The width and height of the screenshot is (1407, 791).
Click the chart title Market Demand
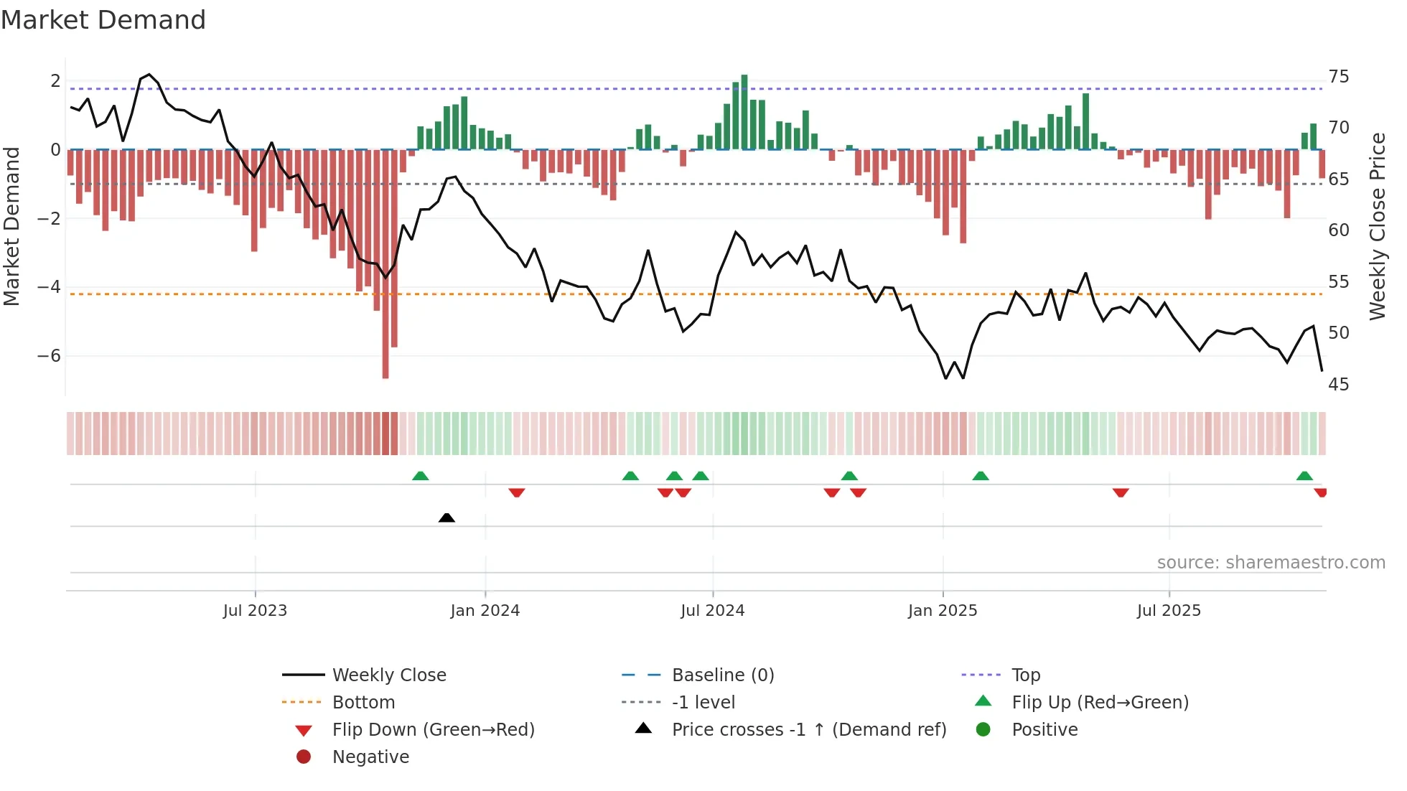(x=103, y=20)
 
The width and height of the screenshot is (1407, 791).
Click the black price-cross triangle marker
(x=447, y=518)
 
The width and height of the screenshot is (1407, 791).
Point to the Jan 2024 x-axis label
(x=485, y=611)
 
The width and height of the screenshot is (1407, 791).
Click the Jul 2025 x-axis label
(x=1168, y=611)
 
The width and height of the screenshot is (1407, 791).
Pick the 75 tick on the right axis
(x=1338, y=77)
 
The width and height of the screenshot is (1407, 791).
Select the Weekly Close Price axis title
(x=1378, y=226)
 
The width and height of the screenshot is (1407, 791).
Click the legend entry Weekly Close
(x=388, y=675)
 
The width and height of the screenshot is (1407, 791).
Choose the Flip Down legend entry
(x=433, y=730)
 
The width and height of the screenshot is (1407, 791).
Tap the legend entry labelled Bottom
(x=363, y=703)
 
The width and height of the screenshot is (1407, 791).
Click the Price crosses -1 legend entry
(x=808, y=730)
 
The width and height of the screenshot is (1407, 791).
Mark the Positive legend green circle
(x=983, y=730)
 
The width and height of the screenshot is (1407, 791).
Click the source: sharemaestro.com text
(x=1271, y=563)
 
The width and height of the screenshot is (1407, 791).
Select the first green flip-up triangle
(x=421, y=476)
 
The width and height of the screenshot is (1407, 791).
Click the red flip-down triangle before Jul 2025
(x=1121, y=492)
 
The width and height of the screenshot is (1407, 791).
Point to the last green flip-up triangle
(x=1304, y=476)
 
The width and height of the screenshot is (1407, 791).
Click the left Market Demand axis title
(x=12, y=226)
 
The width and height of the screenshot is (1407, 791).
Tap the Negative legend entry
(x=370, y=757)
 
